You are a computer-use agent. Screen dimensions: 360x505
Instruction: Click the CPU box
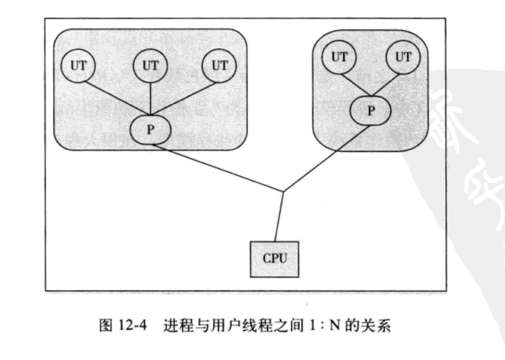(274, 258)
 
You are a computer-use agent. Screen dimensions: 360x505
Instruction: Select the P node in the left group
(151, 129)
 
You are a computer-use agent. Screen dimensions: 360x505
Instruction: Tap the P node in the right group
(370, 110)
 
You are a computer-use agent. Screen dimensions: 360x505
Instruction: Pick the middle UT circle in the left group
(150, 65)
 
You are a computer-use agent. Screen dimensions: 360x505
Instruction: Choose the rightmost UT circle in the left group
(219, 65)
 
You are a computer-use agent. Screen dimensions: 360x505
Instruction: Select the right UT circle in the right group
(403, 57)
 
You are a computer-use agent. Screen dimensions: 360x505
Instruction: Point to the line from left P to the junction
(217, 168)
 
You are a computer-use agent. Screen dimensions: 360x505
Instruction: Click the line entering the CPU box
(278, 217)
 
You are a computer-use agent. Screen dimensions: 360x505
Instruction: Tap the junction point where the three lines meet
(283, 192)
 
